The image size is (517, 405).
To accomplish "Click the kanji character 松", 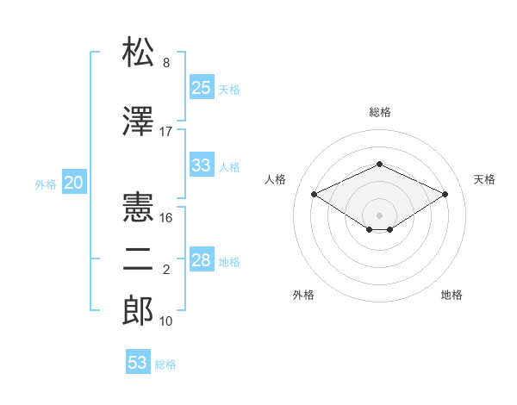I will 139,53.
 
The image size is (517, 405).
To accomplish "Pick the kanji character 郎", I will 139,311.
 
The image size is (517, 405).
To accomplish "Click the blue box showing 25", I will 201,87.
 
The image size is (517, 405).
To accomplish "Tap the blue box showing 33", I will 201,165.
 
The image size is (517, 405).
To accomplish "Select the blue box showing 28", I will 201,260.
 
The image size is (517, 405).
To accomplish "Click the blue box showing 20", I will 74,183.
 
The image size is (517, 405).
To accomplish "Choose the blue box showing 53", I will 138,363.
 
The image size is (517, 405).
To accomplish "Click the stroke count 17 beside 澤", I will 166,131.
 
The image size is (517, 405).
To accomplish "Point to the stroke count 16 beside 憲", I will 166,218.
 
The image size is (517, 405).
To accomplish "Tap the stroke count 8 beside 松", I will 166,63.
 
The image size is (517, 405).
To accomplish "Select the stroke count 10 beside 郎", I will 166,321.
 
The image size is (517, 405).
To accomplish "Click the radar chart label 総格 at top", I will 379,112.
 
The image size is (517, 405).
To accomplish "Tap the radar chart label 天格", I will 484,179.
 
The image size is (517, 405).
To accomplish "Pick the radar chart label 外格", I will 303,295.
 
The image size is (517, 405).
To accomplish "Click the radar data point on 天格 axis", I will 445,194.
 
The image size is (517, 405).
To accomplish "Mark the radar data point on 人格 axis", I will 314,194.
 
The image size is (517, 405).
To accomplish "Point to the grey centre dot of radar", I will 379,214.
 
